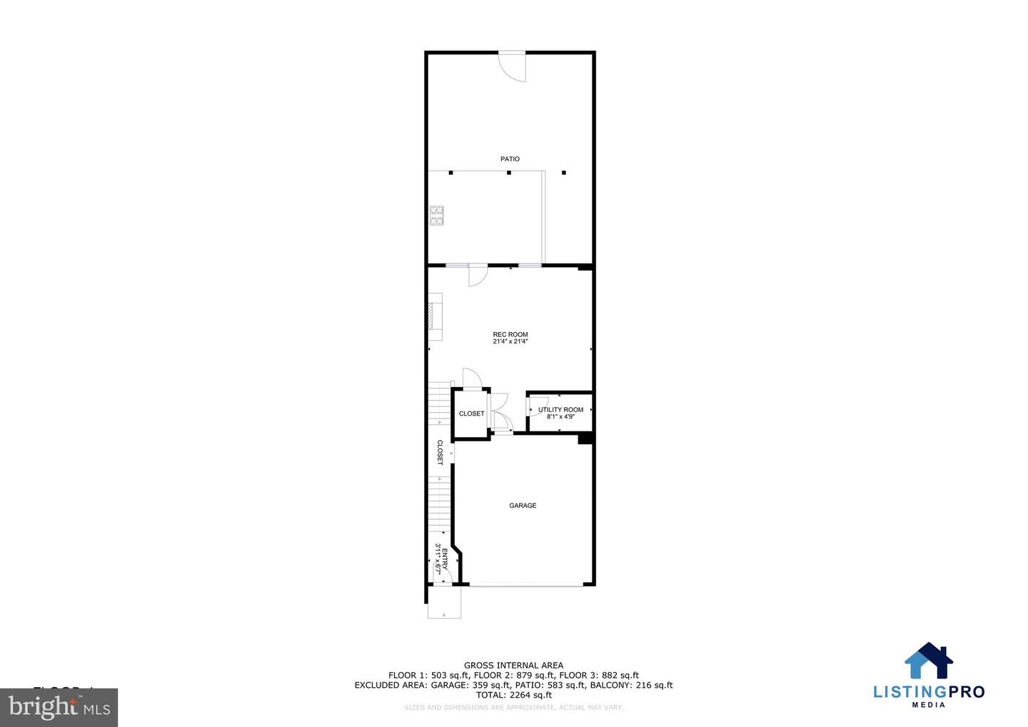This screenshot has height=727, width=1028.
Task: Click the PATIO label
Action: point(510,159)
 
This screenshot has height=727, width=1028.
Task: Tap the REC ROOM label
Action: point(510,334)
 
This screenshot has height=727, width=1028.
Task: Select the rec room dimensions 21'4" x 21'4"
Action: point(510,342)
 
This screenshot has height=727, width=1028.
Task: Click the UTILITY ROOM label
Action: point(560,410)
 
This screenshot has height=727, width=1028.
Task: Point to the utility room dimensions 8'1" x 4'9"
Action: point(560,417)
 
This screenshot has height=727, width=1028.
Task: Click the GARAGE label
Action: point(523,506)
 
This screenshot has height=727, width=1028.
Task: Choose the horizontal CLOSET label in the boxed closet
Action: point(471,414)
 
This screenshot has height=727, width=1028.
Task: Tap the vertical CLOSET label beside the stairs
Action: point(440,453)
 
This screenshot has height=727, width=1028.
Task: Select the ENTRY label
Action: point(445,558)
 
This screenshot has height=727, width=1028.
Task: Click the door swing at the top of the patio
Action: point(513,66)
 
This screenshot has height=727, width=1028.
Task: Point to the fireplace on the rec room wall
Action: point(435,316)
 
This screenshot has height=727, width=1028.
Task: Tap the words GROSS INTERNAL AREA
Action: point(513,666)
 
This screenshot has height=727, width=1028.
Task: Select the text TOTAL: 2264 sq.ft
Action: point(513,695)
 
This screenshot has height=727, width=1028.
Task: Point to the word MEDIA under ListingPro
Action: point(929,705)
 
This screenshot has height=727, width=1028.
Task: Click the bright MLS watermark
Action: point(59,708)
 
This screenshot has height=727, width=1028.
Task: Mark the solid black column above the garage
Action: point(585,438)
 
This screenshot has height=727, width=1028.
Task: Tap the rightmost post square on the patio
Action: point(563,172)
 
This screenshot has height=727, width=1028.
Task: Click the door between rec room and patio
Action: point(477,274)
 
